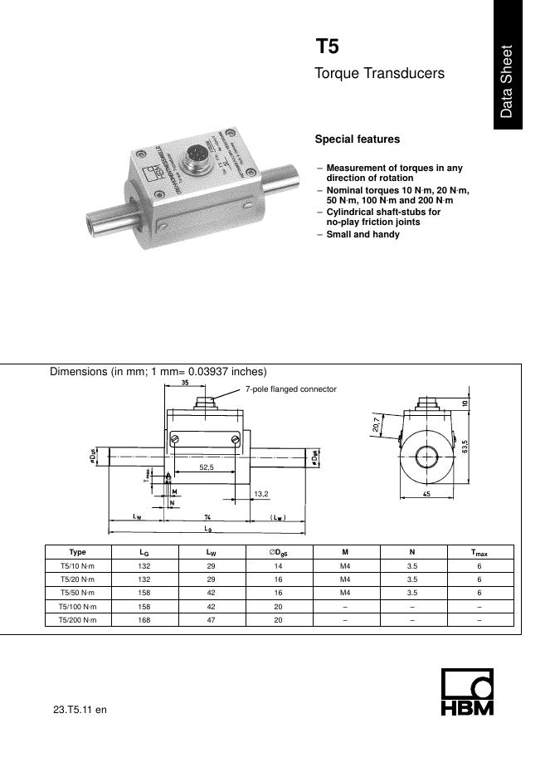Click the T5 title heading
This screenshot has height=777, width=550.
[x=327, y=46]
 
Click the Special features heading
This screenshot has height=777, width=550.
[x=357, y=139]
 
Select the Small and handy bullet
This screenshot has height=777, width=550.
[x=363, y=235]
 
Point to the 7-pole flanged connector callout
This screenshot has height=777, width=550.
[x=290, y=389]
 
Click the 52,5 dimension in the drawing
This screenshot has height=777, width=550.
[x=207, y=467]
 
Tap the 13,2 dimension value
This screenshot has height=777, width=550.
[x=260, y=493]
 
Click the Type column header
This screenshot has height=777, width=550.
[x=78, y=552]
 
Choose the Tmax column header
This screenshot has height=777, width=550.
[x=479, y=552]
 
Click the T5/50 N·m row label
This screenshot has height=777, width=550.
[x=78, y=594]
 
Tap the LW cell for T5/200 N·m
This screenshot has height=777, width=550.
[x=212, y=620]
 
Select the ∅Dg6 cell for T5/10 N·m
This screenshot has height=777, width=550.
[x=279, y=566]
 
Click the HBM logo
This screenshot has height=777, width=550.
[x=466, y=693]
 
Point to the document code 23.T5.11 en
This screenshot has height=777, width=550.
[x=80, y=710]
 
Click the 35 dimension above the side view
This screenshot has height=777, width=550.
[x=185, y=384]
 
